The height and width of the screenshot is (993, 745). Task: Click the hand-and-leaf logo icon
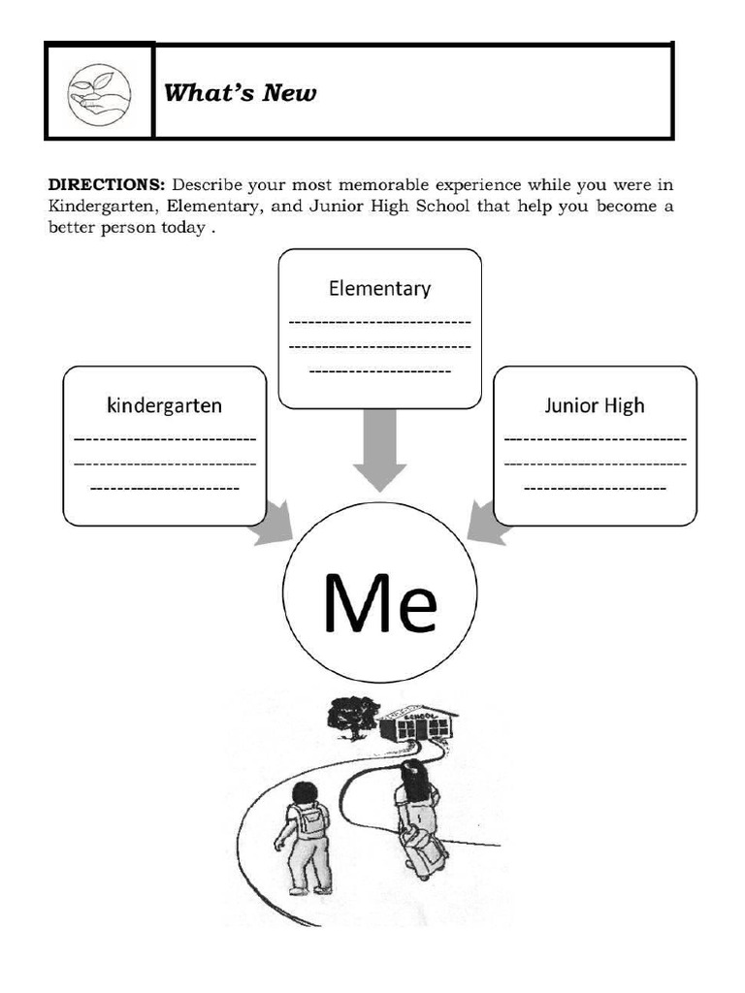coord(99,91)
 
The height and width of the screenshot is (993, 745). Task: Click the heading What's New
coord(240,93)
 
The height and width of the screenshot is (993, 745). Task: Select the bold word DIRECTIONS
coord(107,184)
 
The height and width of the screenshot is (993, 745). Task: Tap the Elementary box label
coord(379,288)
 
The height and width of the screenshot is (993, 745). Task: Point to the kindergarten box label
coord(164,404)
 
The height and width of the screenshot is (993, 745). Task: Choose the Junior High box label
coord(594,404)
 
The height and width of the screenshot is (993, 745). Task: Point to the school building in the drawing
coord(417,723)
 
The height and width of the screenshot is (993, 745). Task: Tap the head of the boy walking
coord(305,792)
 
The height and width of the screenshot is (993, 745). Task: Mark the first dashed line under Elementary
coord(379,323)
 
